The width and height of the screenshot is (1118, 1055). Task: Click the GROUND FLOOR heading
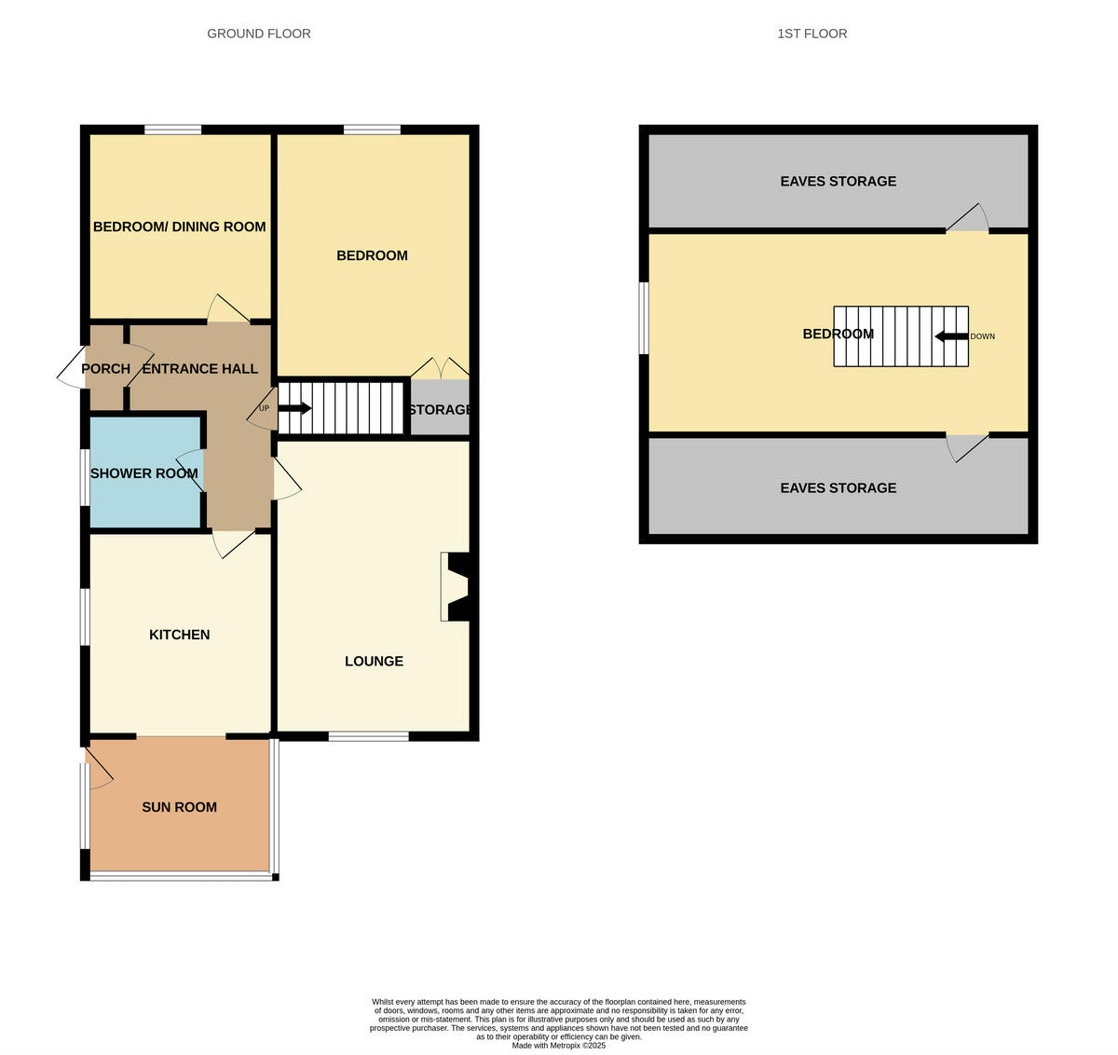(259, 34)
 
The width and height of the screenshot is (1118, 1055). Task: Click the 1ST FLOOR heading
(811, 34)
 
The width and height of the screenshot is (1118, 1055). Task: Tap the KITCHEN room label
(180, 635)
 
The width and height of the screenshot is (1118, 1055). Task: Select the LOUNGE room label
(374, 661)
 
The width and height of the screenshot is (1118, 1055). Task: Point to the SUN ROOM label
(179, 807)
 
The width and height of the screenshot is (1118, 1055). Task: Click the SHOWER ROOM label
(143, 473)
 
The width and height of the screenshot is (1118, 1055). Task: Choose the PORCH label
(105, 368)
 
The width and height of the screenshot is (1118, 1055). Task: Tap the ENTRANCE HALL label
(199, 368)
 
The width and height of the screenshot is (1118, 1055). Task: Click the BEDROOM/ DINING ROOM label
(179, 226)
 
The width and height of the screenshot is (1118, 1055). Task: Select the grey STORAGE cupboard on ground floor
(440, 410)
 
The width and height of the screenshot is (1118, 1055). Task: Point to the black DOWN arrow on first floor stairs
(951, 336)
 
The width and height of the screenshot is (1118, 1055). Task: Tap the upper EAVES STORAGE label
(838, 181)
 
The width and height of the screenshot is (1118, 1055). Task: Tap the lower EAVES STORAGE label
(838, 487)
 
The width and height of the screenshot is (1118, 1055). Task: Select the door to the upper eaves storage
(968, 220)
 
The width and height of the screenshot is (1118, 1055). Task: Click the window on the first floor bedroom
(643, 318)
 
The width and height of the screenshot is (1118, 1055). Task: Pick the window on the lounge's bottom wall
(368, 736)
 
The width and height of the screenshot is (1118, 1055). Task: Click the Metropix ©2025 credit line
(558, 1046)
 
